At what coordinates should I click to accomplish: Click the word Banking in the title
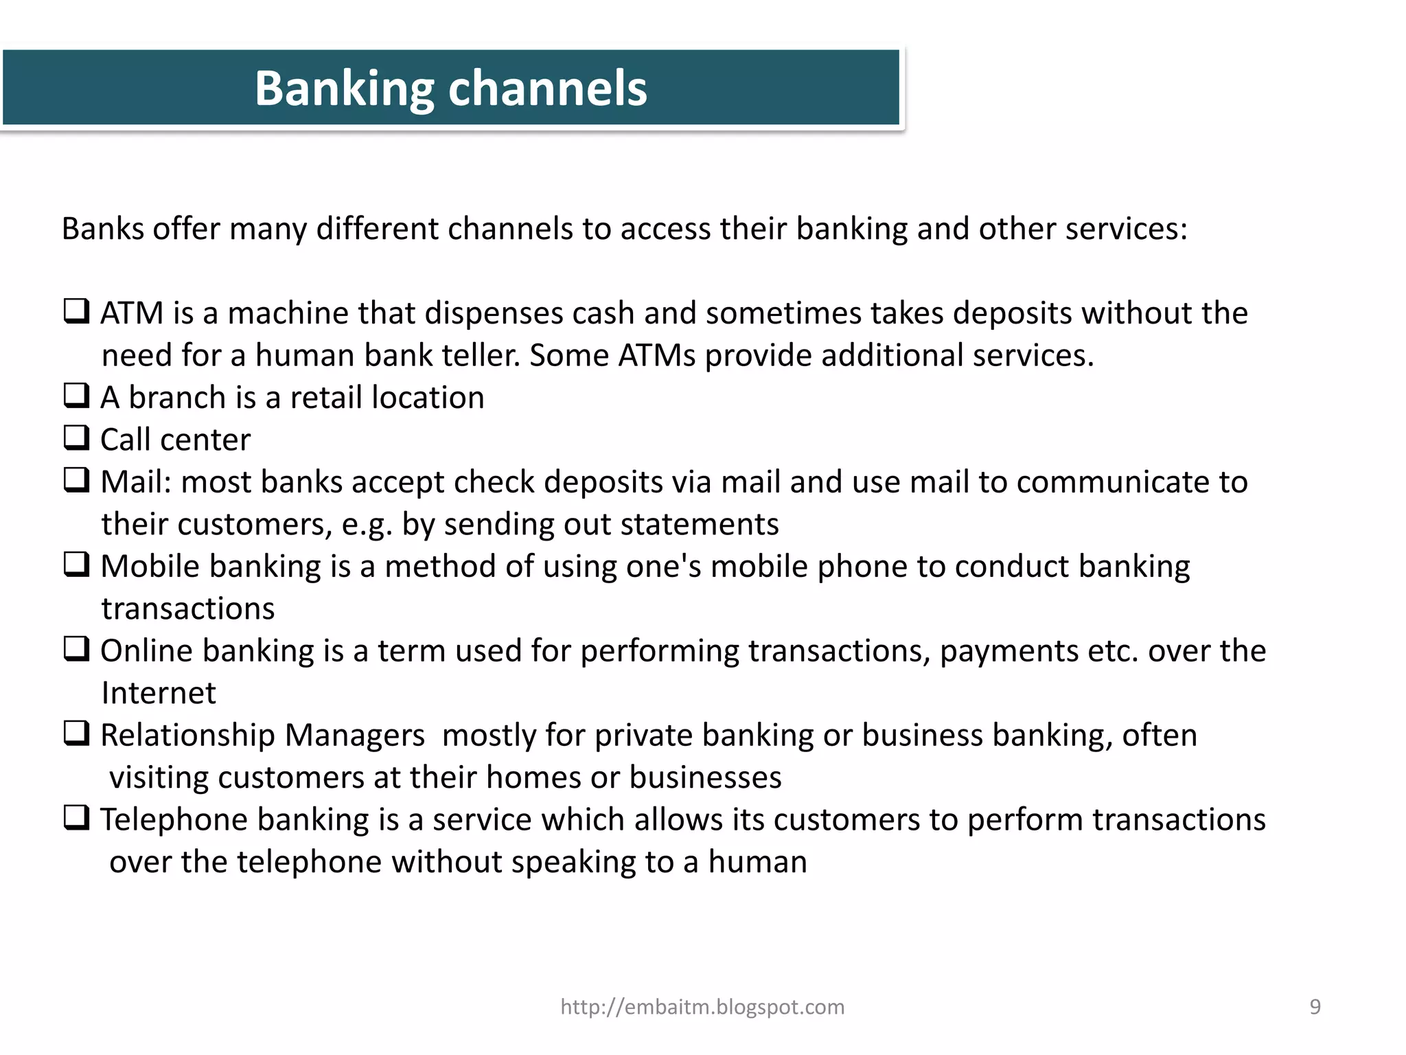[344, 89]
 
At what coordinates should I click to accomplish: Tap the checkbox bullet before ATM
[76, 311]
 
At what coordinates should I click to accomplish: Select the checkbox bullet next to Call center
[76, 438]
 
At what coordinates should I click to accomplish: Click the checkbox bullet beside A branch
[76, 396]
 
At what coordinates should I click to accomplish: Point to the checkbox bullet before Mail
[76, 480]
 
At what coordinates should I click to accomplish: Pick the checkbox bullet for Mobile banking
[76, 565]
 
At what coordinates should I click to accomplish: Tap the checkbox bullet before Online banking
[76, 649]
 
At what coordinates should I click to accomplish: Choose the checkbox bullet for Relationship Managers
[76, 734]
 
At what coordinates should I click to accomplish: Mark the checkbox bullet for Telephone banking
[76, 818]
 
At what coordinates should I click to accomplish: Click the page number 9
[1315, 1007]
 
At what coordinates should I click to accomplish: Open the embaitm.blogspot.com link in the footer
[702, 1007]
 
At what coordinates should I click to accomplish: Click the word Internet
[159, 693]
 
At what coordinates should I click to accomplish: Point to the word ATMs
[656, 356]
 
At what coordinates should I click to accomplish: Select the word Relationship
[187, 736]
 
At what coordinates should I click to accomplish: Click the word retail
[325, 398]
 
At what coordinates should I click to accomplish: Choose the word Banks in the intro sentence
[102, 229]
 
